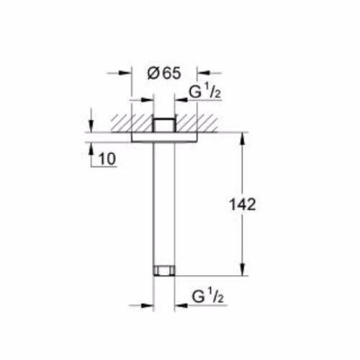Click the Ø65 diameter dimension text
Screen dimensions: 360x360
coord(164,73)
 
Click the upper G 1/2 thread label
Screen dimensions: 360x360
coord(204,92)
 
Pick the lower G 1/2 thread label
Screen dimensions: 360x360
coord(206,295)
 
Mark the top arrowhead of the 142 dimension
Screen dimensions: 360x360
coord(240,136)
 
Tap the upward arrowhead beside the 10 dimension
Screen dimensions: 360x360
coord(92,146)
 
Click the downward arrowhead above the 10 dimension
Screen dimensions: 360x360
coord(92,127)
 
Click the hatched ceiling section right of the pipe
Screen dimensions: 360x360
coord(198,121)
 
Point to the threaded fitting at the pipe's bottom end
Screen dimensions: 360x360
coord(165,272)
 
